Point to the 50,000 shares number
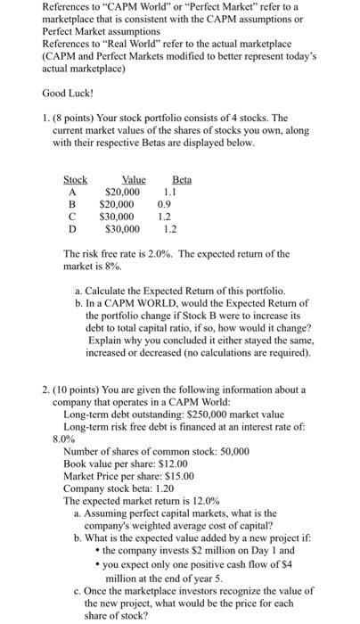click(229, 452)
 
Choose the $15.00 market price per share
click(178, 477)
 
